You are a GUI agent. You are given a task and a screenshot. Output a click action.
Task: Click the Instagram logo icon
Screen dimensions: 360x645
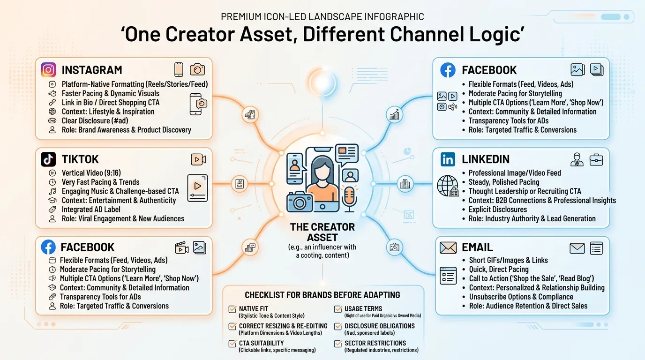coord(48,70)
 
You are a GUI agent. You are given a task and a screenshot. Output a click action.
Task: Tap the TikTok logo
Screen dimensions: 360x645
coord(48,159)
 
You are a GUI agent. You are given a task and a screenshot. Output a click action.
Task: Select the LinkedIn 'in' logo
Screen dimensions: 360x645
coord(448,159)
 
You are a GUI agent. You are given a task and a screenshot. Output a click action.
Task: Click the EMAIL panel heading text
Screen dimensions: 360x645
coord(477,247)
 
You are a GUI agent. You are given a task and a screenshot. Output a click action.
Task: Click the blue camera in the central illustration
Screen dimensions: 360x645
coord(300,201)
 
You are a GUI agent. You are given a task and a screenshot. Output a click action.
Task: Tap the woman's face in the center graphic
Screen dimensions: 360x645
coord(322,172)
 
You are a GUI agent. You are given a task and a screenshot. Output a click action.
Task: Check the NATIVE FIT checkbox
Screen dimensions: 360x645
coord(232,309)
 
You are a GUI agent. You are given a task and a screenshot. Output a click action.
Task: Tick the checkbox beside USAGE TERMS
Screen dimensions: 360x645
coord(337,309)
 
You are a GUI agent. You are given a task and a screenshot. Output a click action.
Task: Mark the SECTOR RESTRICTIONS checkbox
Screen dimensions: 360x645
coord(337,344)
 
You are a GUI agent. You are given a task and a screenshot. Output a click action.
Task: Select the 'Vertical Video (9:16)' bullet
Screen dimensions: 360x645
coord(91,173)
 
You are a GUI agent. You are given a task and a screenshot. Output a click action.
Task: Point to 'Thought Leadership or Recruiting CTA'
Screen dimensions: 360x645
coord(525,191)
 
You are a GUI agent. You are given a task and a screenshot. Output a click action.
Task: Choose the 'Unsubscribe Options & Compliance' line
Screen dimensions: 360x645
coord(521,297)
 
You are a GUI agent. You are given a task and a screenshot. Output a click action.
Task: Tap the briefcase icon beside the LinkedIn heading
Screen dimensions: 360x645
coord(596,159)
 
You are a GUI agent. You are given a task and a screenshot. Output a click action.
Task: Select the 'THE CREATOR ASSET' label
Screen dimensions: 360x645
coord(322,232)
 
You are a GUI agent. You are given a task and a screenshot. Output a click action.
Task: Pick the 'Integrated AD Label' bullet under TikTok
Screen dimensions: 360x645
coord(91,210)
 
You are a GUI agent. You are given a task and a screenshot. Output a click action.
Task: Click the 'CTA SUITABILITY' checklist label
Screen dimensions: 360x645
coord(262,343)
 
